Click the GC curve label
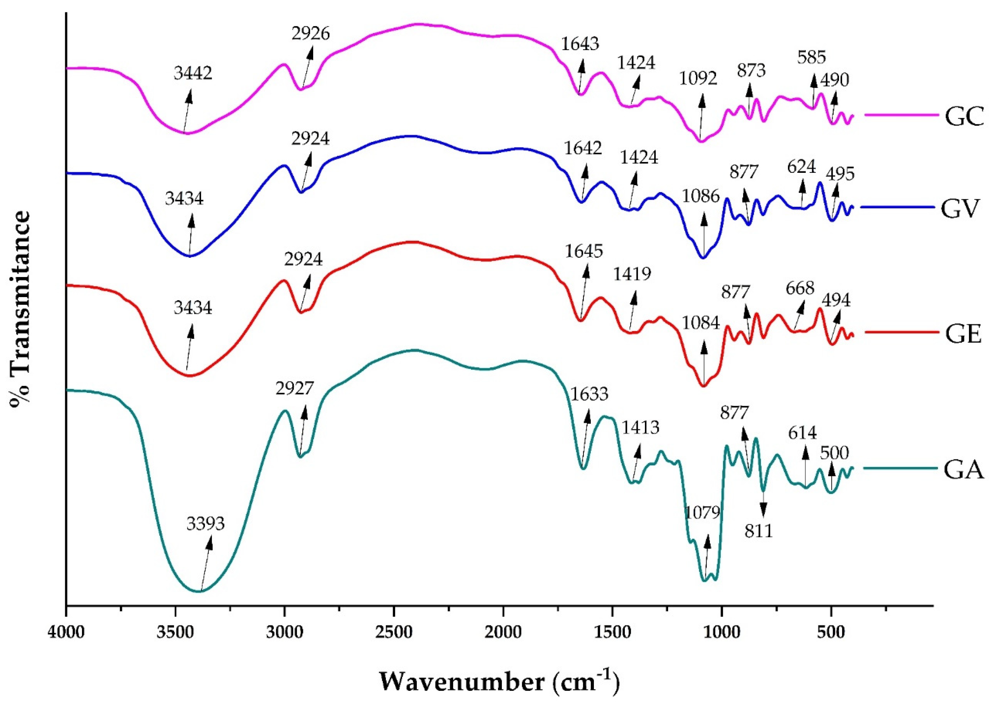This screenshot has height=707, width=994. click(964, 117)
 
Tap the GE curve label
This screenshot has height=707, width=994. click(963, 334)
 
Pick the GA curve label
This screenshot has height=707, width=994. click(963, 470)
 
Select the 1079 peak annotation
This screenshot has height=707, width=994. click(702, 513)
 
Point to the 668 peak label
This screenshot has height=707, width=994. click(800, 288)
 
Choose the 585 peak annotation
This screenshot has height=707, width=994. click(811, 57)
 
